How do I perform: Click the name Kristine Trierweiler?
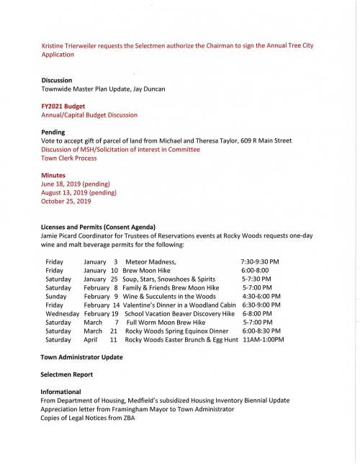coord(72,45)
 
